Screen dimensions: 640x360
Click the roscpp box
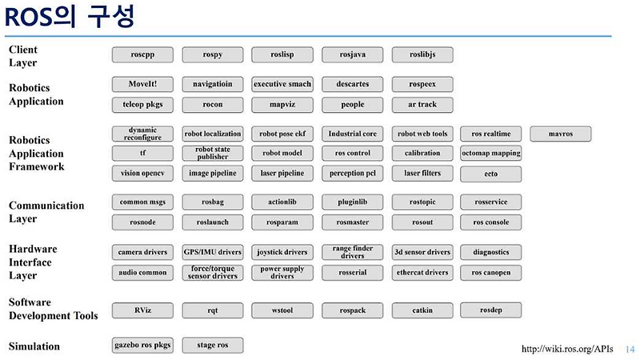click(142, 54)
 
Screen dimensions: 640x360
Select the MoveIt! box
click(142, 84)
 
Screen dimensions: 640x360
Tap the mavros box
click(561, 134)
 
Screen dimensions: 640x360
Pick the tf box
click(142, 153)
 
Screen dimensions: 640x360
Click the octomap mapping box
click(491, 153)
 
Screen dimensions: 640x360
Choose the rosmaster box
click(352, 222)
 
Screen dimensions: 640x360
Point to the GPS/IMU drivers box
click(213, 252)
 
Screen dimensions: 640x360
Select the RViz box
click(142, 310)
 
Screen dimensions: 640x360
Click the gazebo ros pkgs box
click(142, 346)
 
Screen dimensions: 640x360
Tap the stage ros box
click(213, 346)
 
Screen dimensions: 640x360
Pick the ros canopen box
click(491, 273)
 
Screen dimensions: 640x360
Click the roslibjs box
click(422, 54)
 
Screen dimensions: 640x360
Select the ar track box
click(422, 105)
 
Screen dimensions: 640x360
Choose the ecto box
click(491, 174)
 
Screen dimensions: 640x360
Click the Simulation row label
click(34, 346)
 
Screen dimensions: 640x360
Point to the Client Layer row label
click(23, 56)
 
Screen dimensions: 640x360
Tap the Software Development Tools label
click(54, 309)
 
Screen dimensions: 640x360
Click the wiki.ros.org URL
click(567, 349)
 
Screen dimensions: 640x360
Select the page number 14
click(630, 350)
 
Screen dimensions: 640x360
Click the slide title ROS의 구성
click(70, 17)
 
